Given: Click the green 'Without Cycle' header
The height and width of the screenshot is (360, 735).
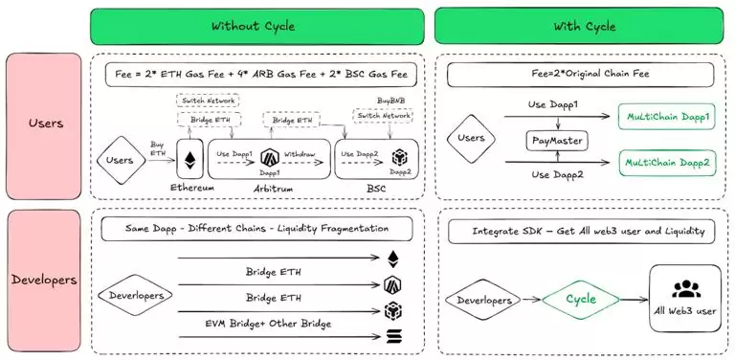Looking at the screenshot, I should [258, 26].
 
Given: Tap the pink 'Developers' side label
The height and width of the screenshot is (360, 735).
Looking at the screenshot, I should [43, 281].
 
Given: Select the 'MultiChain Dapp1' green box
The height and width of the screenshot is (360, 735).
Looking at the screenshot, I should [667, 117].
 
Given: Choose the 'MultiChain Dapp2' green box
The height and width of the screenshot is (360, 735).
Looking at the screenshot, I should [667, 164].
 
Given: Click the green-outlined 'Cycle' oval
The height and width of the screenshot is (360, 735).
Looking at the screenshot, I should [580, 299].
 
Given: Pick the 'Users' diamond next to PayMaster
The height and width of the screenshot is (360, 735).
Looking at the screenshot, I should [472, 139].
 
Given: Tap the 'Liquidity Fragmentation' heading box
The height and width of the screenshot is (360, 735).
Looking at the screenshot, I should [256, 229].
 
